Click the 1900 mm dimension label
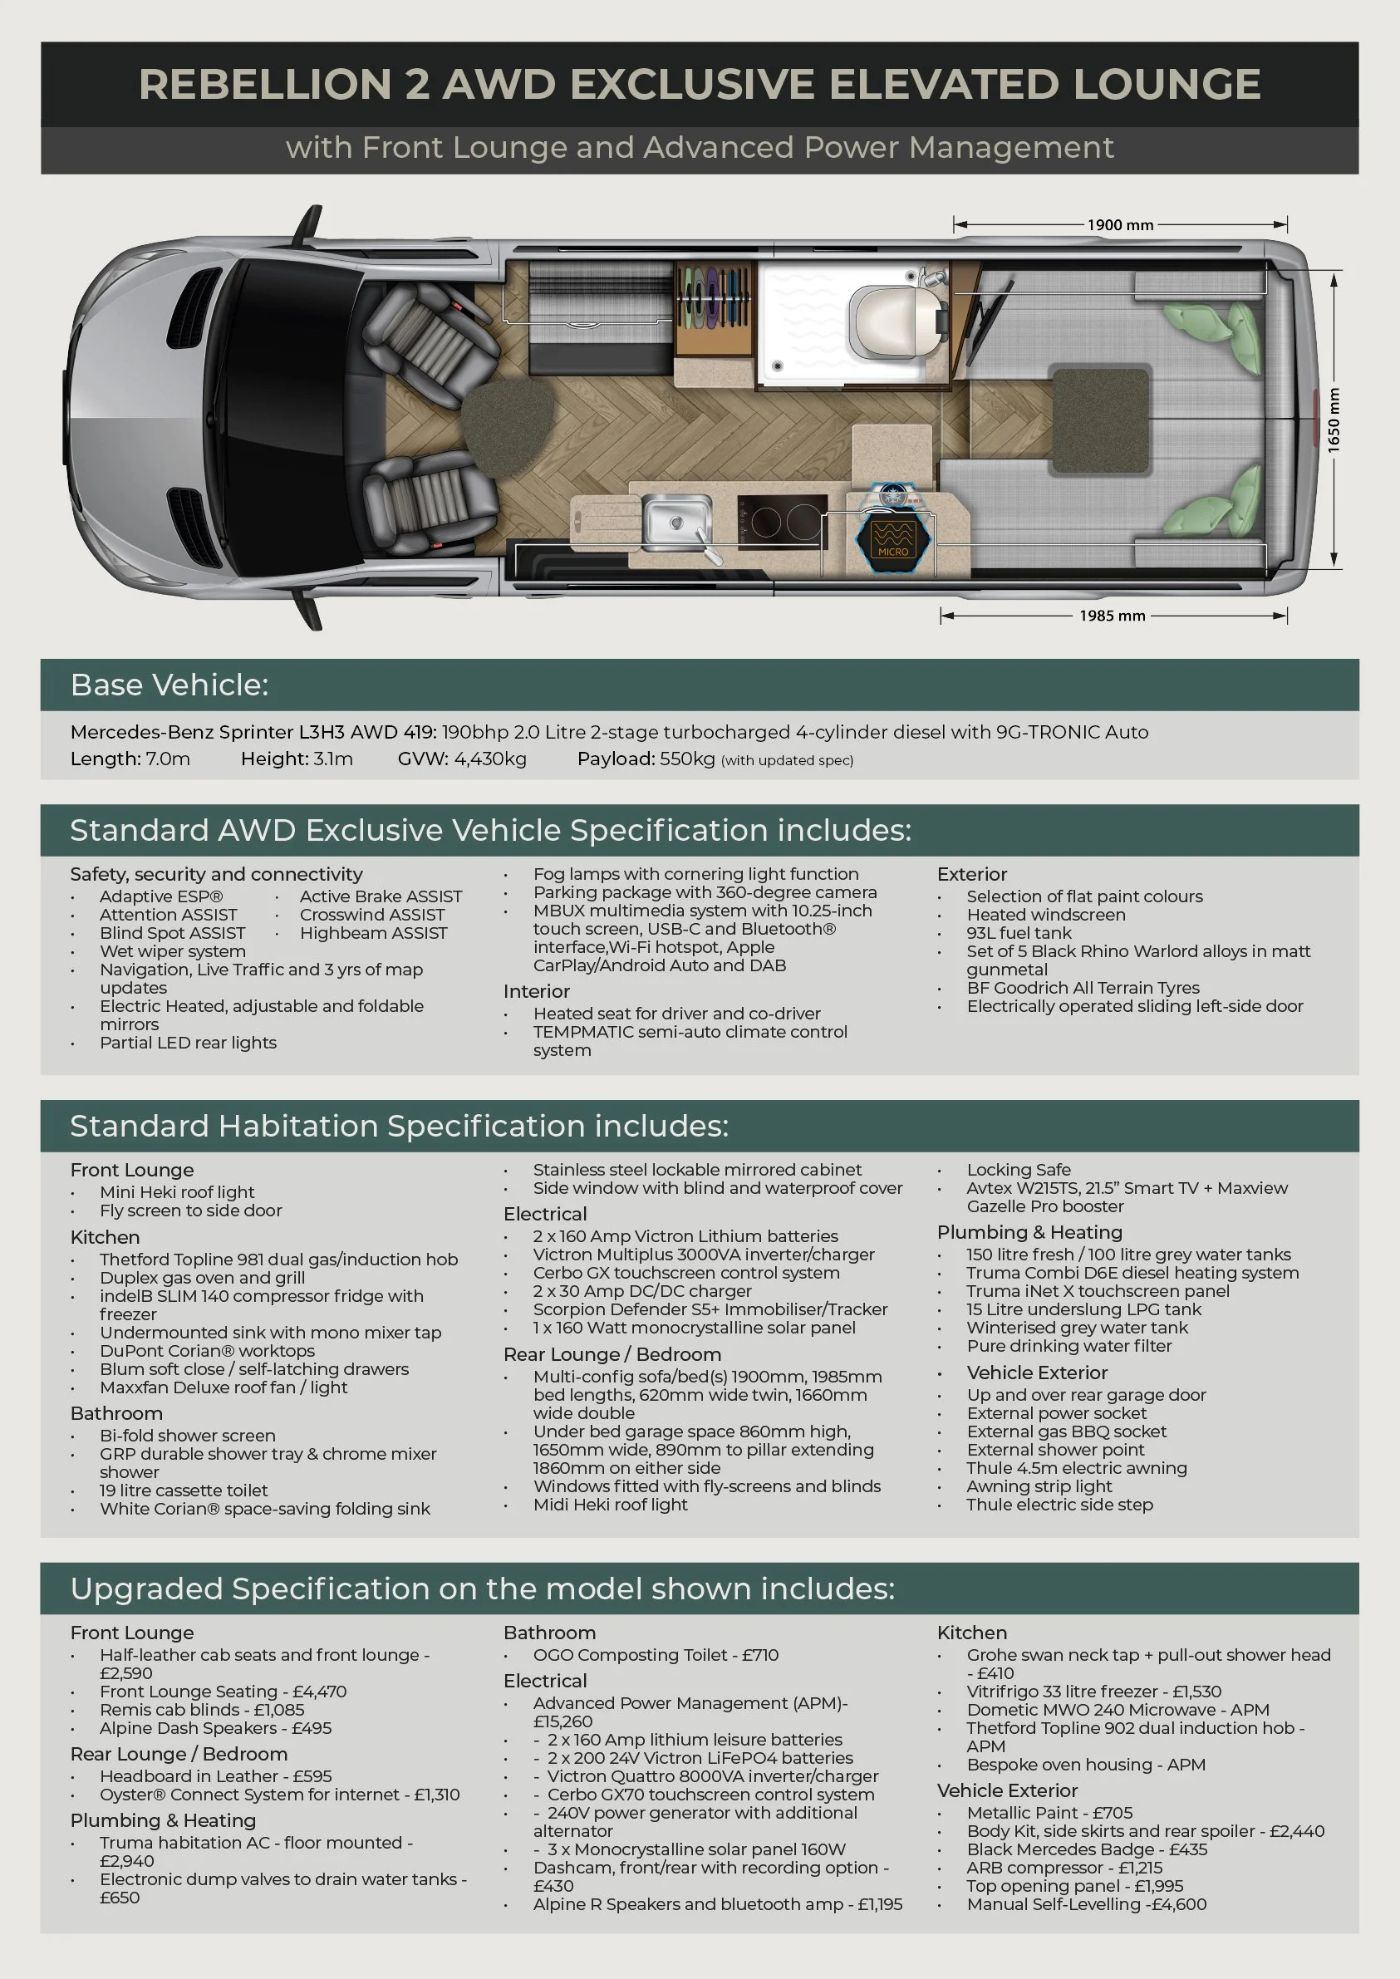pyautogui.click(x=1120, y=225)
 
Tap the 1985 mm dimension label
pyautogui.click(x=1112, y=616)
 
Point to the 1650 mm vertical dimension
pyautogui.click(x=1334, y=420)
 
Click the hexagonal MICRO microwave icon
pyautogui.click(x=893, y=538)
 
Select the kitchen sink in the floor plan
pyautogui.click(x=676, y=522)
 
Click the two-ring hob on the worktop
pyautogui.click(x=782, y=521)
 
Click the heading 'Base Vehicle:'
pyautogui.click(x=169, y=685)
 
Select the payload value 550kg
pyautogui.click(x=687, y=759)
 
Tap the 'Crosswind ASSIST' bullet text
pyautogui.click(x=372, y=915)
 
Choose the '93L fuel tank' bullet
pyautogui.click(x=1019, y=933)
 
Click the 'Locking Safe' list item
pyautogui.click(x=1018, y=1170)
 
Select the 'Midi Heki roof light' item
pyautogui.click(x=611, y=1504)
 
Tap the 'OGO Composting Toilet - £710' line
pyautogui.click(x=656, y=1655)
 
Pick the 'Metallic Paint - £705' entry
pyautogui.click(x=1049, y=1813)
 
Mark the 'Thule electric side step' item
pyautogui.click(x=1059, y=1504)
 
